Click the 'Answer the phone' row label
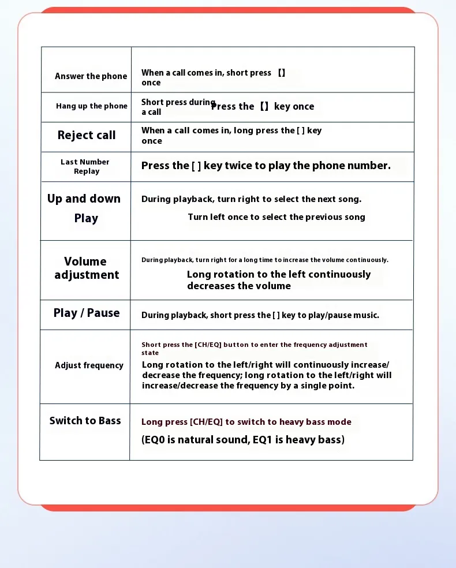click(x=91, y=76)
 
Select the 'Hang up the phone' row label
click(x=91, y=106)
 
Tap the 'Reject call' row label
click(x=87, y=135)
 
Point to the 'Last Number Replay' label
click(x=85, y=166)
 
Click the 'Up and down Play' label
click(x=84, y=208)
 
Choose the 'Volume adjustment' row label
click(x=86, y=268)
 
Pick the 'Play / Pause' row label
click(x=87, y=313)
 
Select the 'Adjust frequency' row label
click(x=89, y=365)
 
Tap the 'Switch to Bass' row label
click(x=85, y=421)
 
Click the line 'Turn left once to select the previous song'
click(x=276, y=217)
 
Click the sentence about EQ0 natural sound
click(x=243, y=440)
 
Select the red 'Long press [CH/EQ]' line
click(x=246, y=422)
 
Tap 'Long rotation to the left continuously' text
click(x=279, y=275)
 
